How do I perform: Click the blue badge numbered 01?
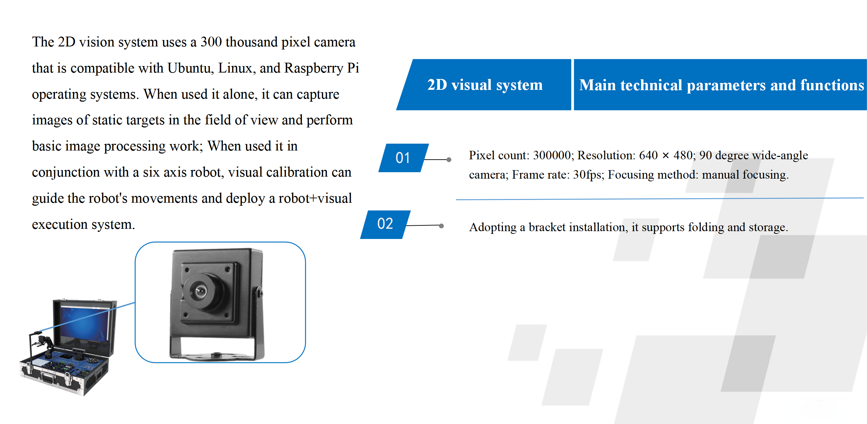point(403,158)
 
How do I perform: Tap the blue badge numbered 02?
point(385,224)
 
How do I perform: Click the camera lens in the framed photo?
point(200,291)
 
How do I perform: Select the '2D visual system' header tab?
point(485,85)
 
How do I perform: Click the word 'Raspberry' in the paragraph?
point(314,68)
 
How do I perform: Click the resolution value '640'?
point(648,155)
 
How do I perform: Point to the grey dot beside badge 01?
point(449,160)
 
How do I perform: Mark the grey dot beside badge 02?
point(441,226)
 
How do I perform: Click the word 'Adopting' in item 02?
point(493,227)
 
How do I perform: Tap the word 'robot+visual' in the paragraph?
point(315,198)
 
